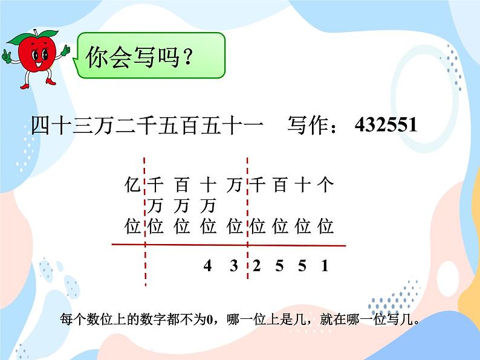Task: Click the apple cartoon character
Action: tap(33, 57)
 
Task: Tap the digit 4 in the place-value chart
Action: tap(207, 266)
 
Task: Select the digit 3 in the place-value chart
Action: tap(234, 266)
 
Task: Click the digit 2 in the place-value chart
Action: tap(256, 266)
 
